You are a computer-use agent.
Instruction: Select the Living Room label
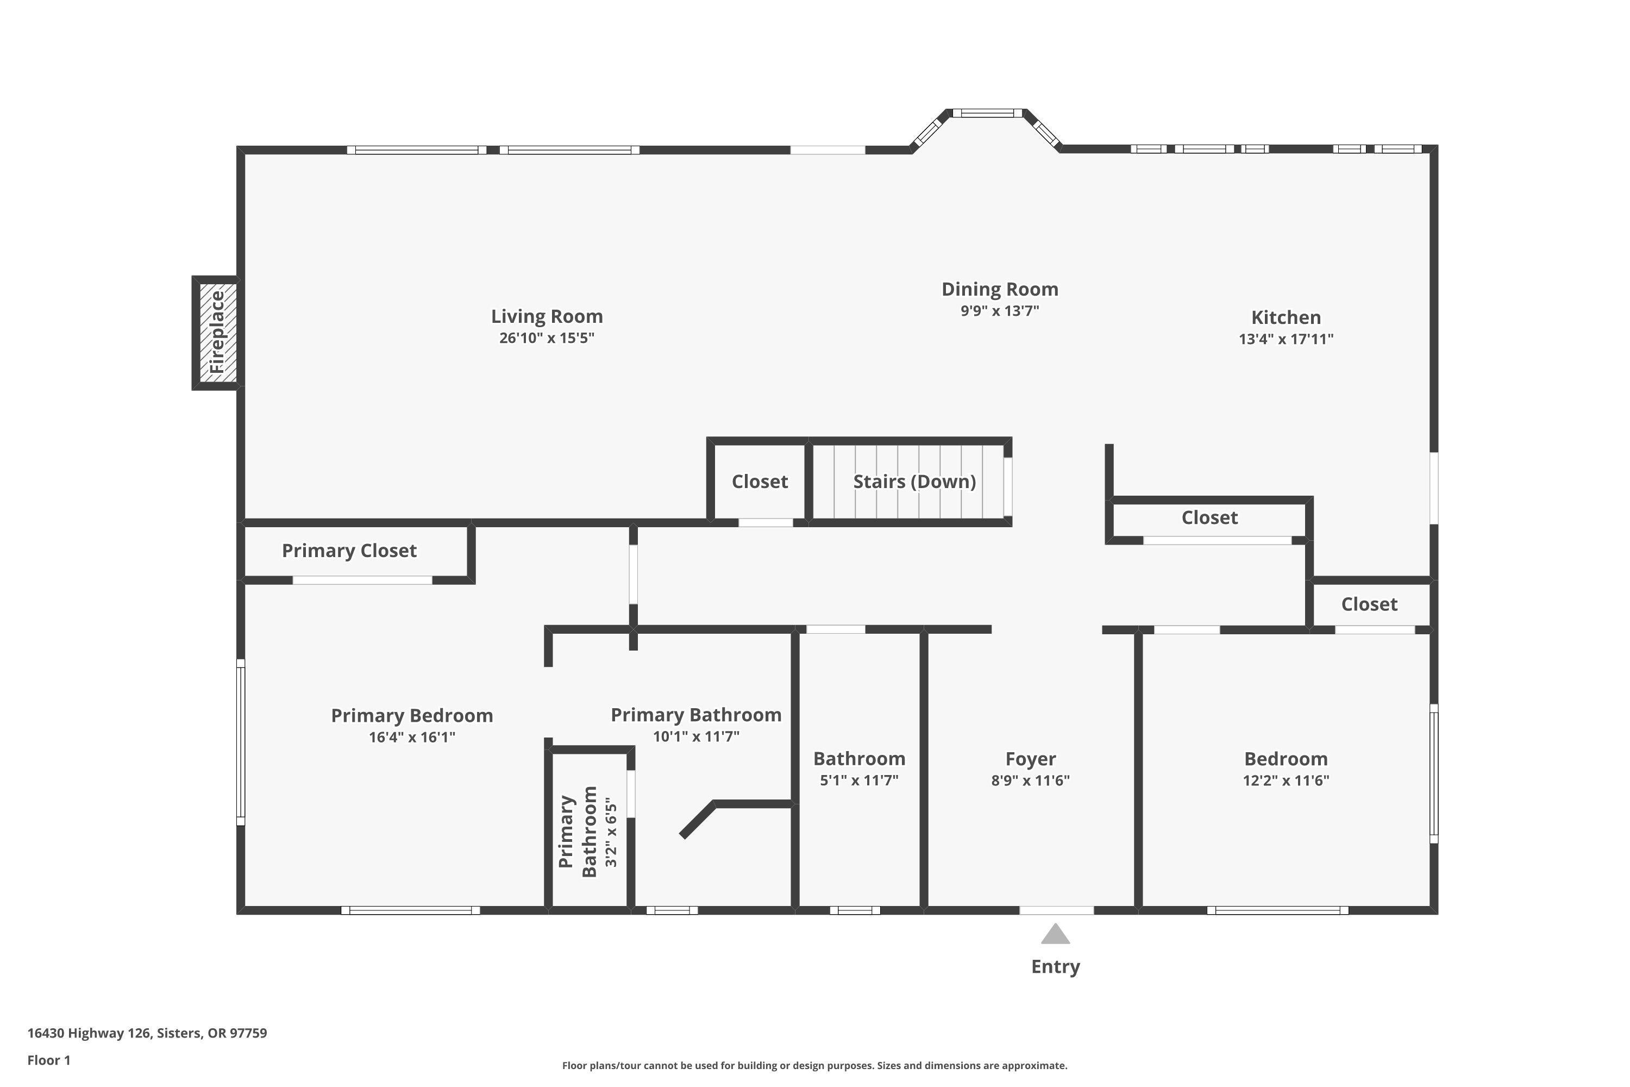tap(547, 317)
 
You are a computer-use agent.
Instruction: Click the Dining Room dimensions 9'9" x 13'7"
tap(999, 310)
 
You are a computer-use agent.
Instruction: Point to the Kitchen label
tap(1286, 317)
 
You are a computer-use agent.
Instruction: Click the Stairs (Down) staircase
tap(913, 482)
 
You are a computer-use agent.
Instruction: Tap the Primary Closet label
tap(349, 551)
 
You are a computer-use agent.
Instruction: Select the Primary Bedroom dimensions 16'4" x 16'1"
tap(412, 737)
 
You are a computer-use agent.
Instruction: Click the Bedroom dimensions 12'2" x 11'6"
tap(1286, 780)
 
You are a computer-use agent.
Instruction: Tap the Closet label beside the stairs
tap(760, 482)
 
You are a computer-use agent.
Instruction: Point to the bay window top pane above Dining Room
tap(987, 113)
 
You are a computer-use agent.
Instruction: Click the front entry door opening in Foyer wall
tap(1056, 910)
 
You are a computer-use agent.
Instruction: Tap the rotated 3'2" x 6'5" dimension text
tap(611, 832)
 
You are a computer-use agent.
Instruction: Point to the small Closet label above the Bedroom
tap(1369, 604)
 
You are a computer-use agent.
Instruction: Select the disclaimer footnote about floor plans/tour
tap(814, 1065)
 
